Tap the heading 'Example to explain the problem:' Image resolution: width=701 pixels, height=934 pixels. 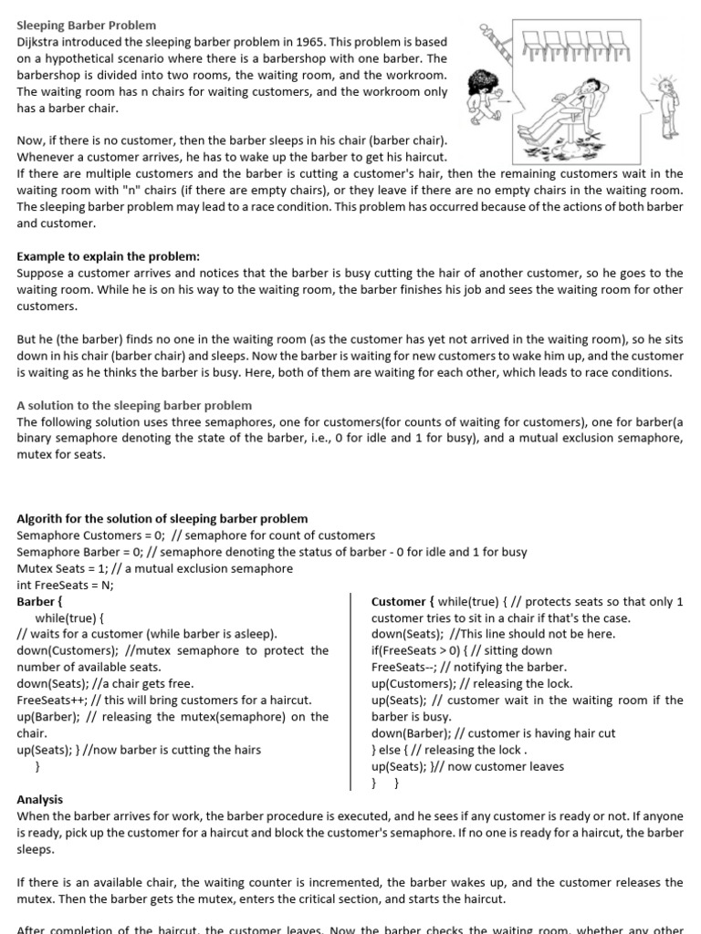108,256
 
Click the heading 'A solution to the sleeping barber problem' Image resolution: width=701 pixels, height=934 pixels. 134,405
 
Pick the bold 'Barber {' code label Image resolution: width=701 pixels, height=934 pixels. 40,602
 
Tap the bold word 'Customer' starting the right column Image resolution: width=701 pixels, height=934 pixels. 399,602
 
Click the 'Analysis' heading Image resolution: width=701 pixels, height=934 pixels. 40,799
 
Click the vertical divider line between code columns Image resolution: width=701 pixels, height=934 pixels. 352,684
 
